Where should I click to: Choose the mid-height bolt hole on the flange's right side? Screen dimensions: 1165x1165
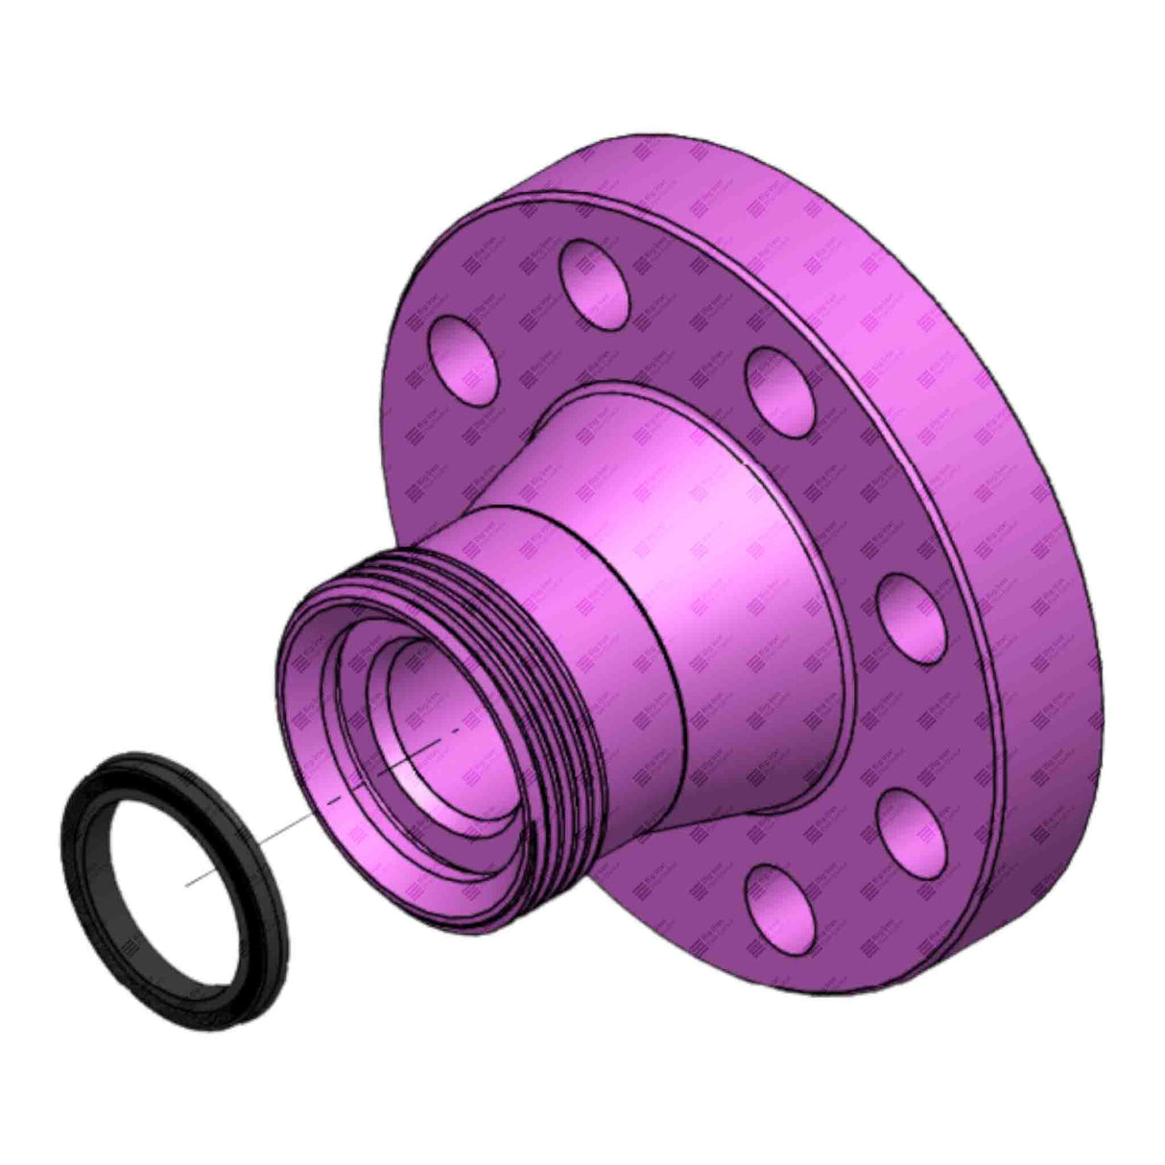[913, 619]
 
